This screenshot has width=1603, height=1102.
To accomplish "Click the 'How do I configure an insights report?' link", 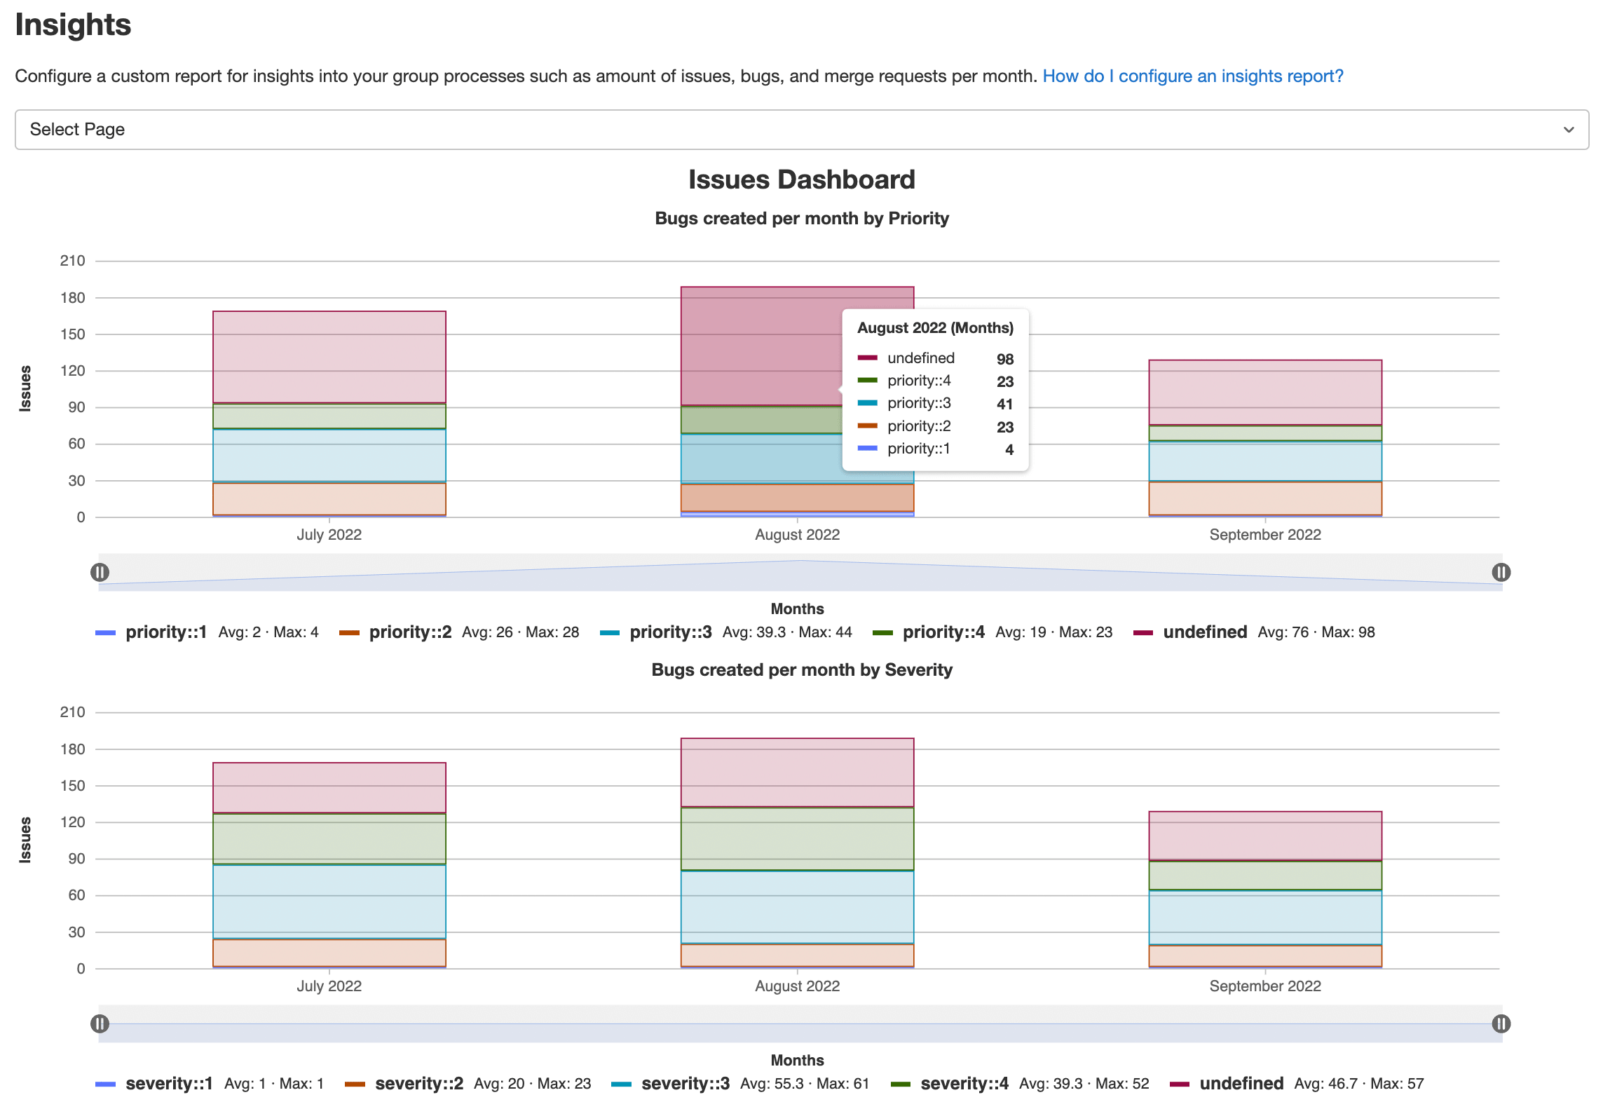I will point(1192,76).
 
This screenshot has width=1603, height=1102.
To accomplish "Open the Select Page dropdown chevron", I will point(1569,130).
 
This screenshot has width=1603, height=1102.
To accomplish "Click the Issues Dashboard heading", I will point(801,179).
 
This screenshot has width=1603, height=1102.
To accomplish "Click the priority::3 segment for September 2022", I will point(1264,461).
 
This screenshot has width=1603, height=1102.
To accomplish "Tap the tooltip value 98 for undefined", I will point(1004,359).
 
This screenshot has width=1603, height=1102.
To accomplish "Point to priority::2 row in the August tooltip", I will point(918,426).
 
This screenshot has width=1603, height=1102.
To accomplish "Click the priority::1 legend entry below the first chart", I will point(166,632).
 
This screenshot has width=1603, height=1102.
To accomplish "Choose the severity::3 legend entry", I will point(685,1084).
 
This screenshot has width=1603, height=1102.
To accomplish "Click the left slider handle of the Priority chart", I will point(100,573).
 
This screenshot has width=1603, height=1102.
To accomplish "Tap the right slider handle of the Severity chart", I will point(1501,1024).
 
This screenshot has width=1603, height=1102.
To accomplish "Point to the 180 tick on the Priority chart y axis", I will point(73,298).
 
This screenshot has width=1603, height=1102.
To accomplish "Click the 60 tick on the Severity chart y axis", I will point(76,895).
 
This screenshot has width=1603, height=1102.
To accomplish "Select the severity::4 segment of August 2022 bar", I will point(797,838).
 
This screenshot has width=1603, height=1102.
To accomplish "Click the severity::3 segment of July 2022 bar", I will point(329,901).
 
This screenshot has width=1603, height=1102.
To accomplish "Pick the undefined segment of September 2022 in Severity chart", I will point(1264,835).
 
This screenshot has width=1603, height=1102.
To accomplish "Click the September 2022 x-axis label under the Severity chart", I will point(1264,986).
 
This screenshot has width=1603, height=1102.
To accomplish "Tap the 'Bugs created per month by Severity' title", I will point(801,670).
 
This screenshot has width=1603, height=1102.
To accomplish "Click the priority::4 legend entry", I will point(943,632).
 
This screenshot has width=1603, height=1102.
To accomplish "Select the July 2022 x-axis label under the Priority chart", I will point(329,535).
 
